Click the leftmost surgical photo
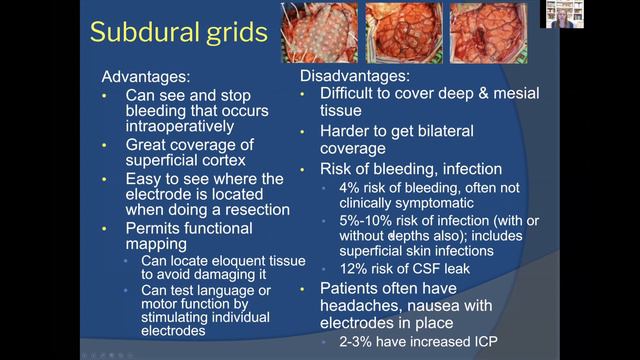click(318, 33)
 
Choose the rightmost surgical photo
click(486, 33)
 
